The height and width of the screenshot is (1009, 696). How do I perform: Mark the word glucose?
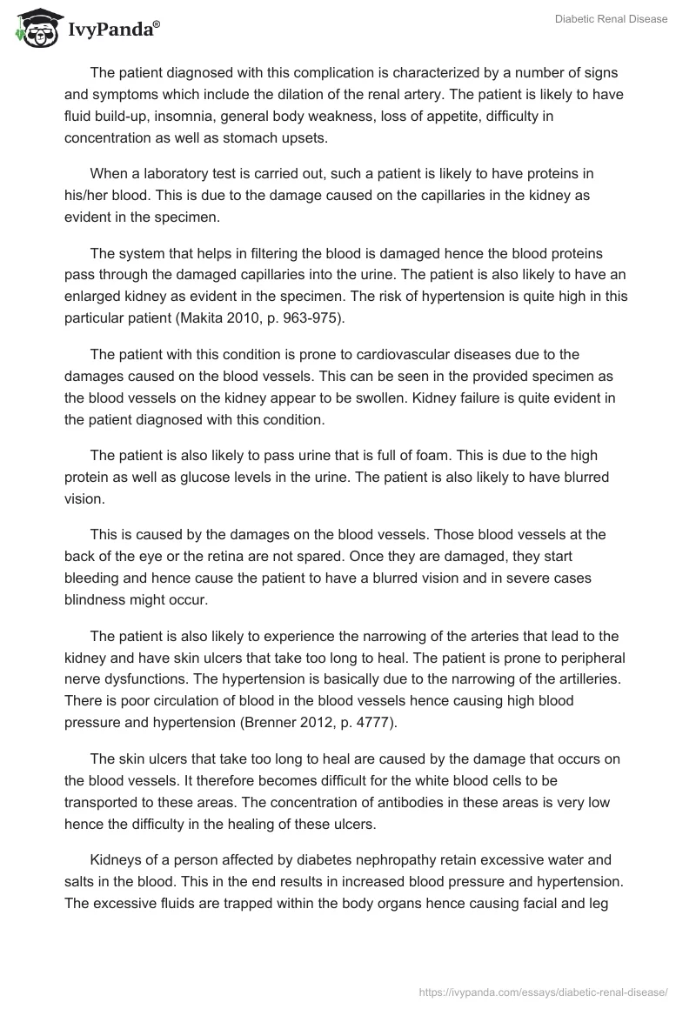tap(202, 477)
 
